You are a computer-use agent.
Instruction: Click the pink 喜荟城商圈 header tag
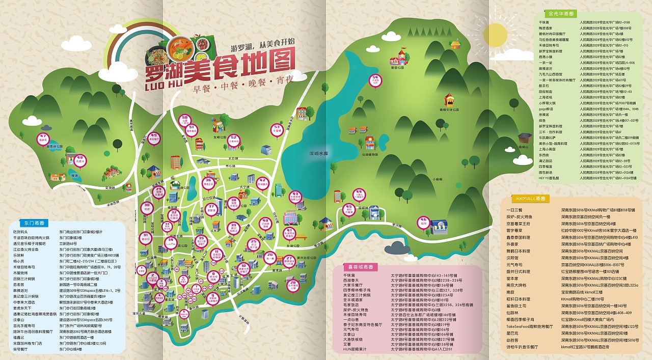[x=360, y=266]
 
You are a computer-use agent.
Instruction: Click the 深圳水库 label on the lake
[x=317, y=153]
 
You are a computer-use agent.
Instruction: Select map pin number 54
[x=375, y=80]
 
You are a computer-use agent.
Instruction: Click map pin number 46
[x=423, y=222]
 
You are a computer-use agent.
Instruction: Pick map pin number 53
[x=277, y=129]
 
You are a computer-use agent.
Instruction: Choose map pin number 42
[x=262, y=182]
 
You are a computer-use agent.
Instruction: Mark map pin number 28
[x=292, y=285]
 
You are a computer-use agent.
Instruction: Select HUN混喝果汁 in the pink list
[x=355, y=349]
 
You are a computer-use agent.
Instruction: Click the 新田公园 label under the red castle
[x=397, y=67]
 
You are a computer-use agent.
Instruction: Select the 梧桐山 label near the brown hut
[x=524, y=147]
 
